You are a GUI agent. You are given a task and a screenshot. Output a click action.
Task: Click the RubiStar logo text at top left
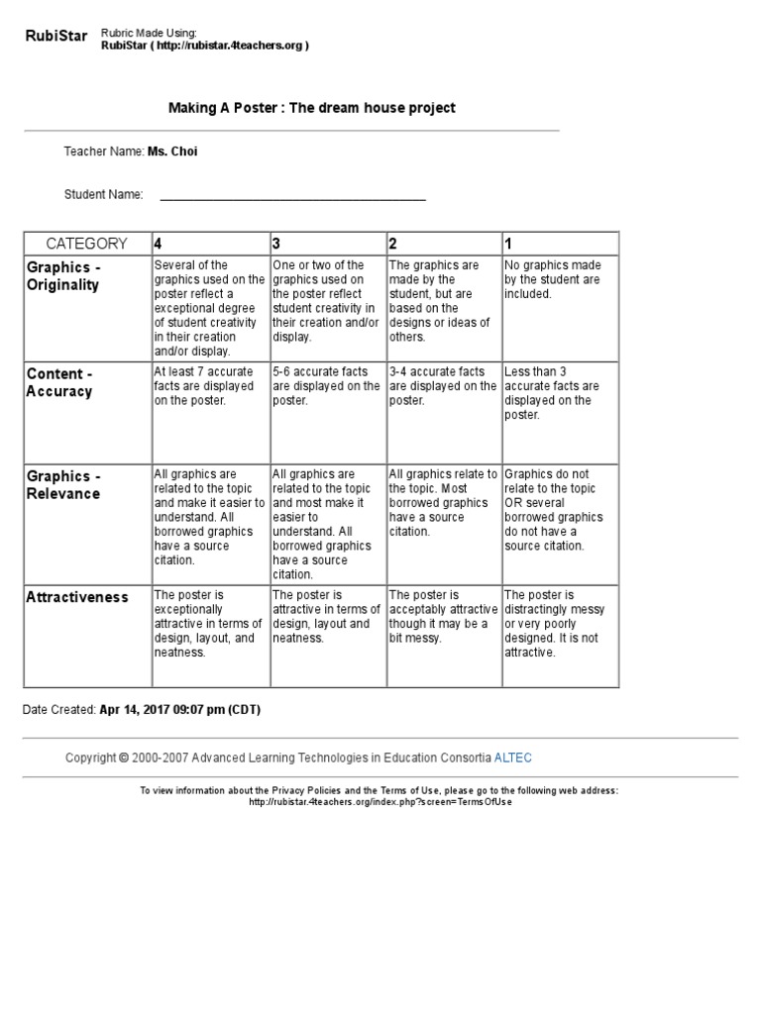(55, 38)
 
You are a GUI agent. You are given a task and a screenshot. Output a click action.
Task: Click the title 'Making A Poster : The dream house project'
(312, 108)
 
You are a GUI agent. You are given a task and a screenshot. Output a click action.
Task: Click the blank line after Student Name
(292, 196)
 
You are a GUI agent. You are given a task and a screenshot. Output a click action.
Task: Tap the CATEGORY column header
(87, 244)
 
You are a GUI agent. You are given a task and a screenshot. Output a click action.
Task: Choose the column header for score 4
(157, 244)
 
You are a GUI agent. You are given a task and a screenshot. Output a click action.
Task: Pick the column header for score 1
(508, 244)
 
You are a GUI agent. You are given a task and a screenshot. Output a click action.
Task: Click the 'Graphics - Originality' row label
(64, 276)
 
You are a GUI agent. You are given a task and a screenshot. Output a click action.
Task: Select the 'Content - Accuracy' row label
(60, 382)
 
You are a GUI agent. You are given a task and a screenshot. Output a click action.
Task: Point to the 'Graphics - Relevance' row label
(64, 485)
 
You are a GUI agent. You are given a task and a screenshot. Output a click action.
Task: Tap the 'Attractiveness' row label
(77, 597)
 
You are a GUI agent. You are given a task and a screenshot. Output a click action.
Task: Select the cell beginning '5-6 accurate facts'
(326, 386)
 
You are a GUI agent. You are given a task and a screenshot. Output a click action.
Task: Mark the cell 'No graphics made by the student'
(558, 279)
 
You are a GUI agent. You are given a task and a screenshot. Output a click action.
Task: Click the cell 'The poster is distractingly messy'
(558, 624)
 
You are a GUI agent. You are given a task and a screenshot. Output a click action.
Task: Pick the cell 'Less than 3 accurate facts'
(558, 393)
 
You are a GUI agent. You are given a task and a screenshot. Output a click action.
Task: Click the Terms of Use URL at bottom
(380, 801)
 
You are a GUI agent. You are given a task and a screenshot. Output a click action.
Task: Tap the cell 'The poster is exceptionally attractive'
(208, 624)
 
